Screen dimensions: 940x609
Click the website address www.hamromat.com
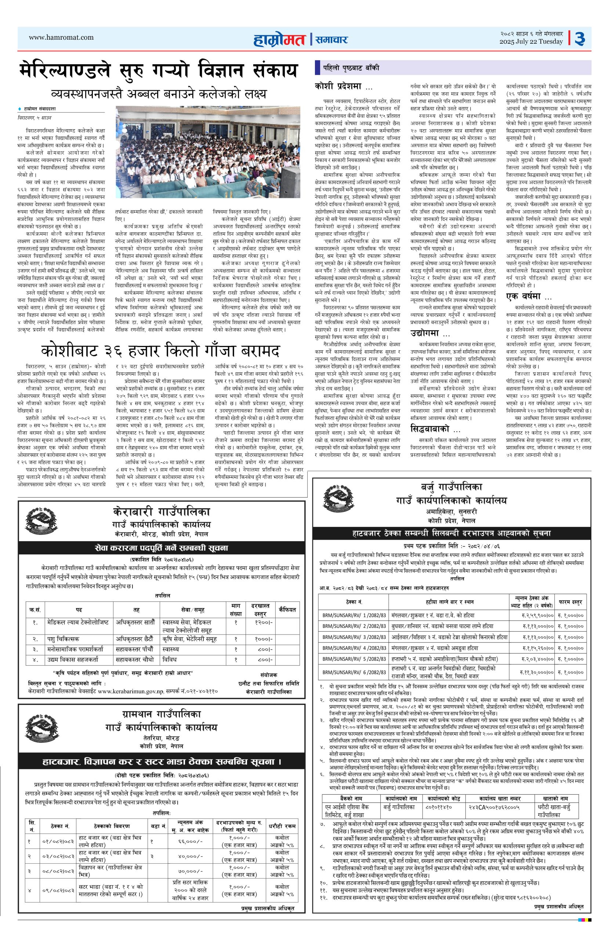point(61,37)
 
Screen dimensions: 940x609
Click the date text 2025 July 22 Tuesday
point(531,42)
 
